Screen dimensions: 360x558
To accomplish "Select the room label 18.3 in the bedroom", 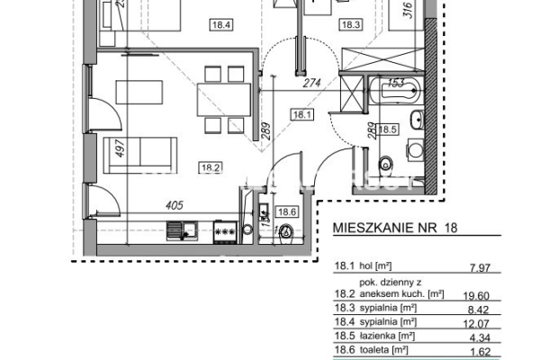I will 350,25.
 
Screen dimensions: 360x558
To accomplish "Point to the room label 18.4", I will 220,25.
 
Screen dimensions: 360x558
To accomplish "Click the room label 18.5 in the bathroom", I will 388,129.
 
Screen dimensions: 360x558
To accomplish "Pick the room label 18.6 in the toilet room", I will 287,212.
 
